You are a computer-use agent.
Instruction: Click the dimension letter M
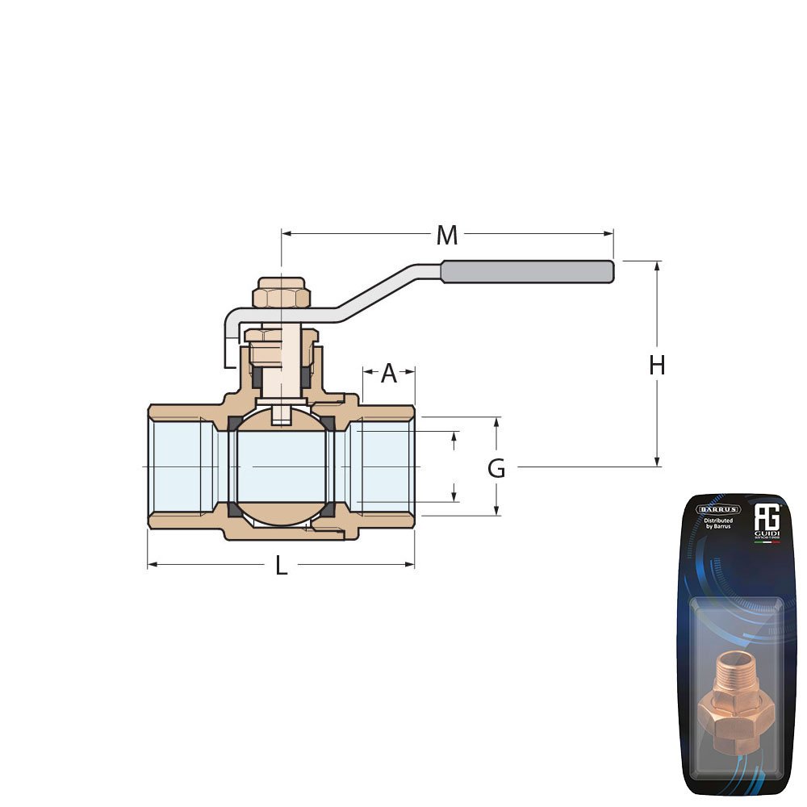(446, 236)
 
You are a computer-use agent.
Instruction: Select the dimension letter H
(657, 366)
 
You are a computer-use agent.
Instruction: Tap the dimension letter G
(496, 468)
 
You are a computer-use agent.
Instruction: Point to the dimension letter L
(281, 566)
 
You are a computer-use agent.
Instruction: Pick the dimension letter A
(389, 374)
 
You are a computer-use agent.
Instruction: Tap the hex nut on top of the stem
(281, 295)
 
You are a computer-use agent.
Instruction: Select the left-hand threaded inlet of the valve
(176, 466)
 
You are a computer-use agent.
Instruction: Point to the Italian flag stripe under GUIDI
(766, 542)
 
